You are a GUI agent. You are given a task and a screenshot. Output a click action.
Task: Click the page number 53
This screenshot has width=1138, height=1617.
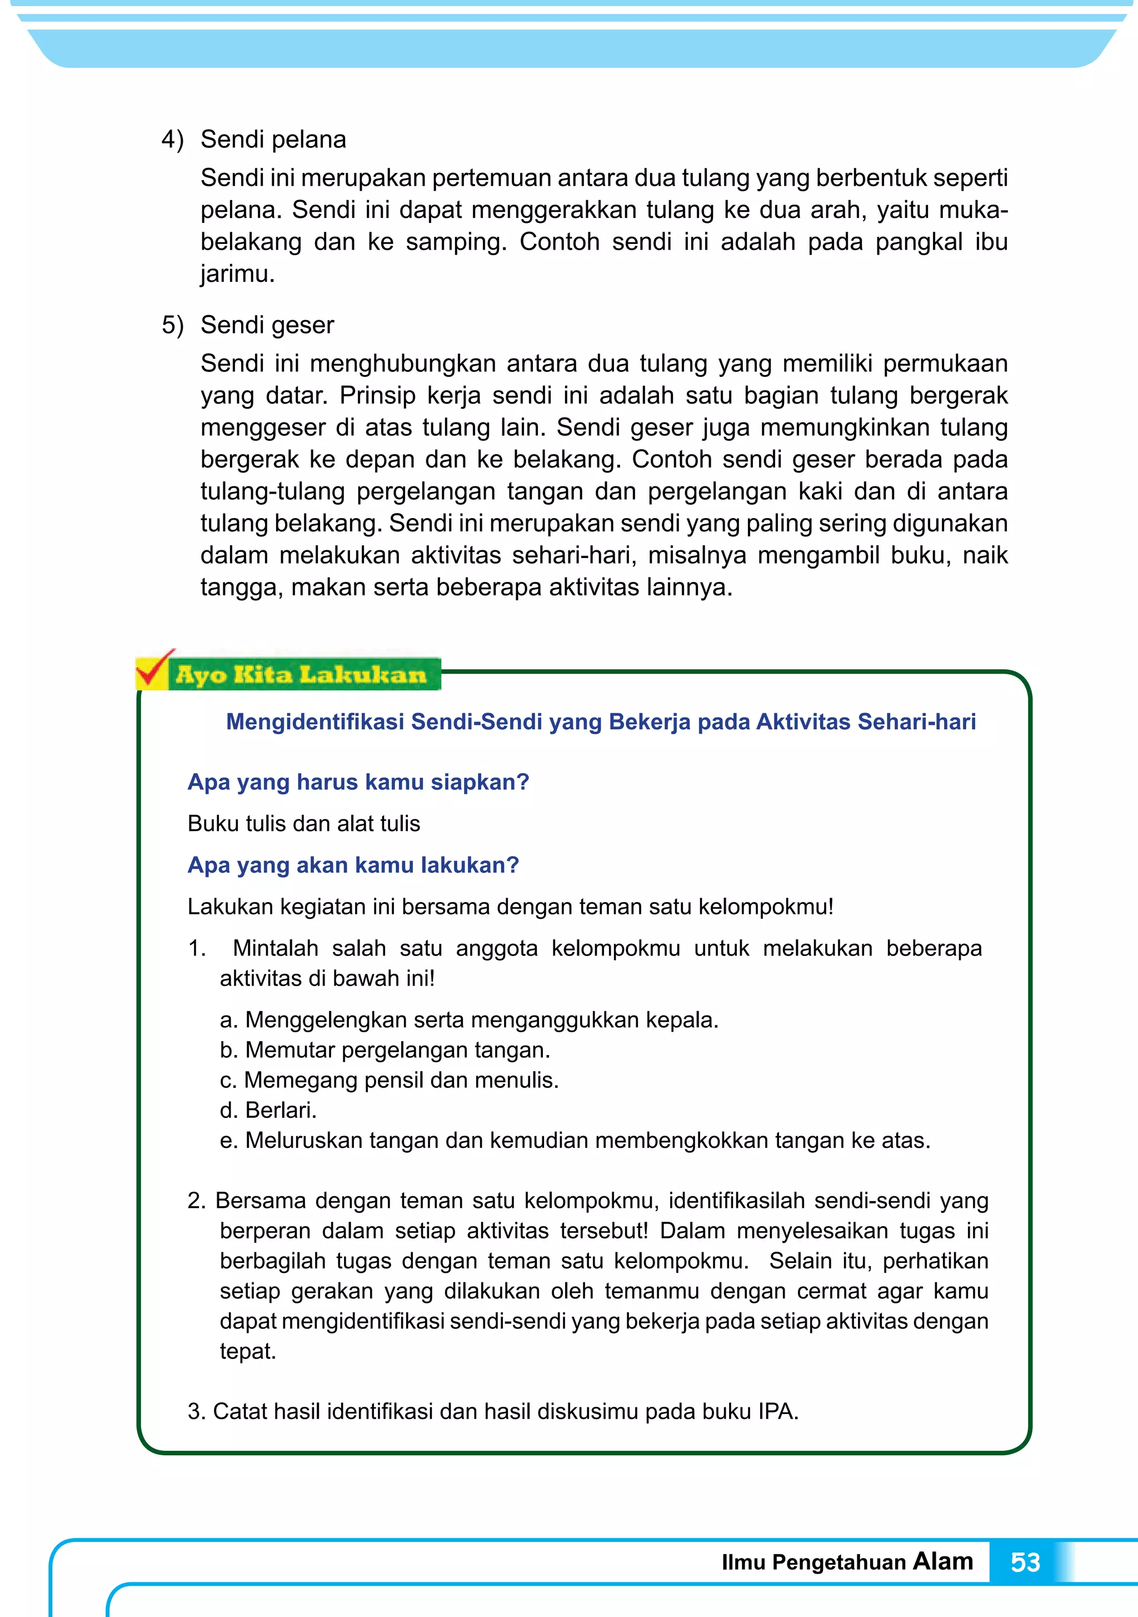point(1025,1562)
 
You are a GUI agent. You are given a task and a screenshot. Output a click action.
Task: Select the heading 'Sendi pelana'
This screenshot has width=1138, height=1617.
point(273,140)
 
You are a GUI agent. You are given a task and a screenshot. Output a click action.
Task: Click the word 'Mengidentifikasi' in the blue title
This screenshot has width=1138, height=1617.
point(315,722)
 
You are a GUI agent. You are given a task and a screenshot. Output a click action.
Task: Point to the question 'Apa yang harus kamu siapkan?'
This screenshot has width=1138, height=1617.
point(358,782)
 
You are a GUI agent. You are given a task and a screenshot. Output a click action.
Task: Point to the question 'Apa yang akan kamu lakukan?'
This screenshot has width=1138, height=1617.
point(353,865)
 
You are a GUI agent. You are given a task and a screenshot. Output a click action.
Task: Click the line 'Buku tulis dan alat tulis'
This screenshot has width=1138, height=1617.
point(303,823)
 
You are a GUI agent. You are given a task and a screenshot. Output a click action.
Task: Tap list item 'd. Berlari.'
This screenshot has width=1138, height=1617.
point(268,1110)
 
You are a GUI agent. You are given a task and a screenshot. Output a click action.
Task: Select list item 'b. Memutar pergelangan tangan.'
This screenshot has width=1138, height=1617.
point(385,1050)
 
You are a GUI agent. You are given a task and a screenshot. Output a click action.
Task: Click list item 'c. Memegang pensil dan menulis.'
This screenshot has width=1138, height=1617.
point(389,1079)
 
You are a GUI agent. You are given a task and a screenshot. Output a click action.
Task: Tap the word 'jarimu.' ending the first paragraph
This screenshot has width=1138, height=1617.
point(237,274)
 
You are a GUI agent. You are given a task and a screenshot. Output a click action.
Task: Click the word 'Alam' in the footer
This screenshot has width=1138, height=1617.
point(942,1561)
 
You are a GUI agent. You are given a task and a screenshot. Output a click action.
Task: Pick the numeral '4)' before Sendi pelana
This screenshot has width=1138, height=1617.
point(172,140)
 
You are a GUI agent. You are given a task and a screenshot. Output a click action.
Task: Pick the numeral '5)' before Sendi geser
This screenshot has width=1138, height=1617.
point(172,325)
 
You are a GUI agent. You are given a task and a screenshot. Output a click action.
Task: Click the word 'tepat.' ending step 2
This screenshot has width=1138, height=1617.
point(248,1351)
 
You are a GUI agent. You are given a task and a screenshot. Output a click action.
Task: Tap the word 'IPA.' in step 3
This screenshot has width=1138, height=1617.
point(778,1412)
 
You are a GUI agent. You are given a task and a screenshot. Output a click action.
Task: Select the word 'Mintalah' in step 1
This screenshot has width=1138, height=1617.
point(276,948)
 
